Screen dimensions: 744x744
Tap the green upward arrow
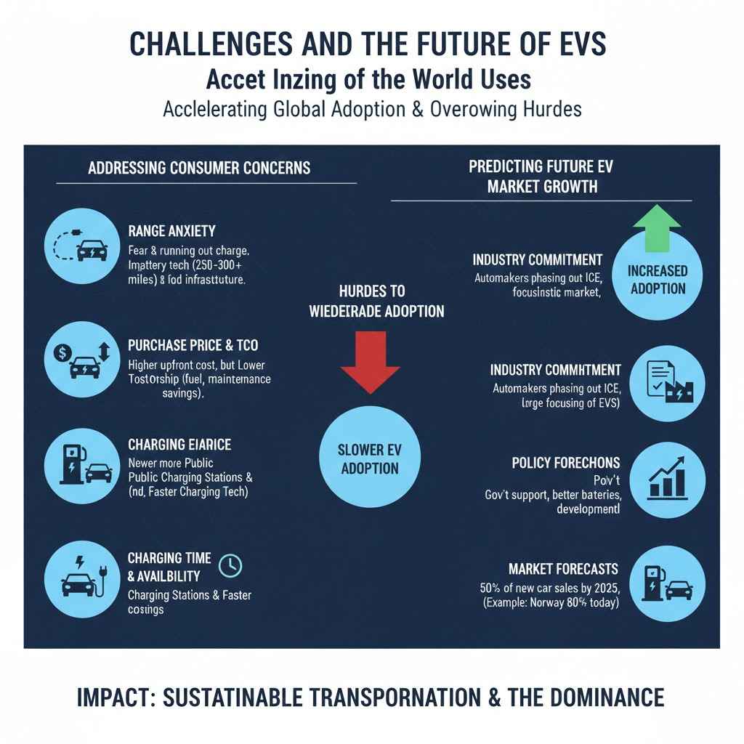(657, 227)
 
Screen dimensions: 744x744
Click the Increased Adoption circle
(658, 279)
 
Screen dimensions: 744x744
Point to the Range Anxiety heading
(171, 231)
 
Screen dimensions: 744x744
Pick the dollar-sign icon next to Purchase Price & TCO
(62, 352)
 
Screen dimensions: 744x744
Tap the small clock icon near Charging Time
(230, 565)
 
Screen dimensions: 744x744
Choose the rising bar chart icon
(668, 477)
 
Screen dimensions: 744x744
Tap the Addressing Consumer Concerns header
(198, 168)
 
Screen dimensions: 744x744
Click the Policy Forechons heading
(565, 463)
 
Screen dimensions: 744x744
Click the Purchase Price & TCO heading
(193, 346)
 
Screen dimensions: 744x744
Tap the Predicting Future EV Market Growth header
(541, 177)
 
